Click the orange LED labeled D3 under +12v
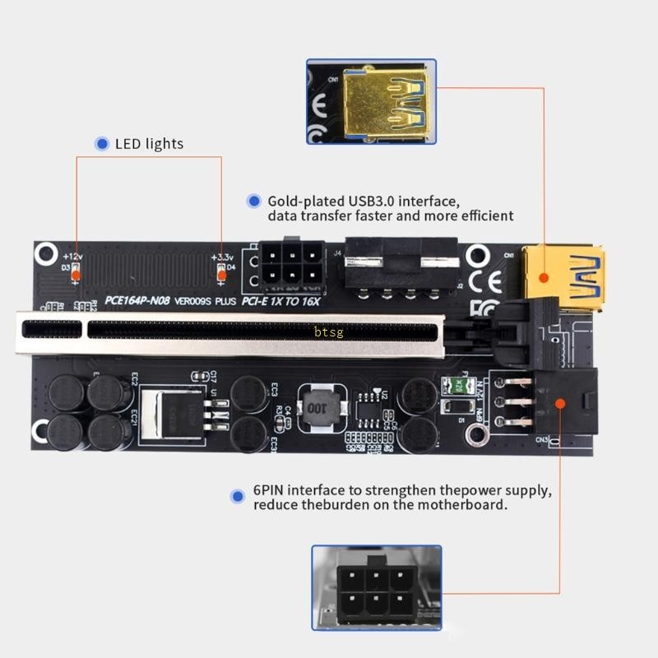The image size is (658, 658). pos(76,274)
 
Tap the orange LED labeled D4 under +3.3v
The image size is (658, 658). pos(220,274)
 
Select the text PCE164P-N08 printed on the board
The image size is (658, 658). pos(137,301)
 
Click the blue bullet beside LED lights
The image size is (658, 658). pos(103,144)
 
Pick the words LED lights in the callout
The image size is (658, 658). pos(149,144)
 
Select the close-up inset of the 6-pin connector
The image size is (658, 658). pos(377,588)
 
